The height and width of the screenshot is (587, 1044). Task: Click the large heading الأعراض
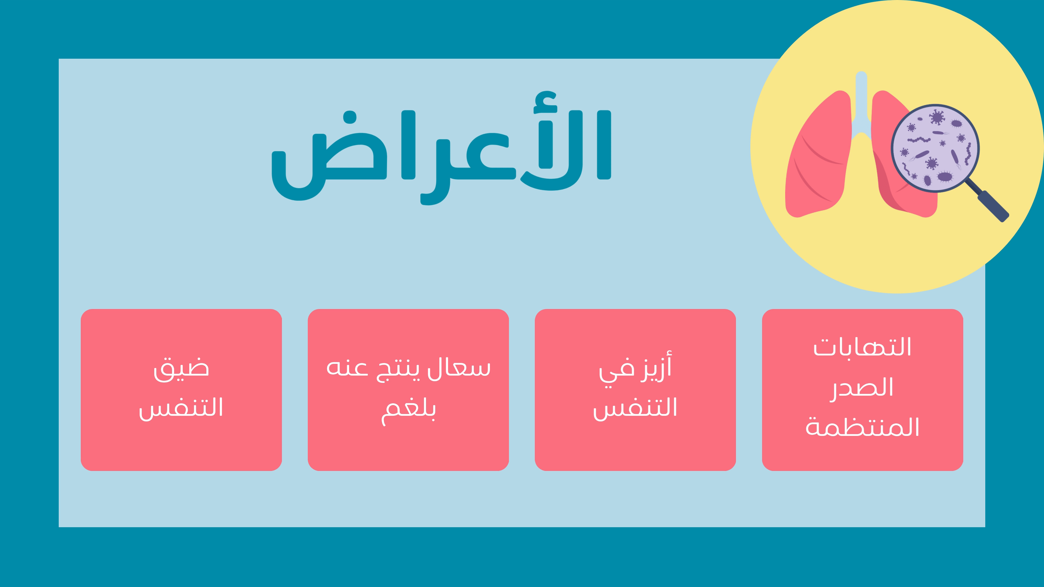pos(441,148)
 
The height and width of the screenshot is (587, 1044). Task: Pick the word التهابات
pos(862,347)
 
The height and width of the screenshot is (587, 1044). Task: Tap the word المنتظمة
pos(862,427)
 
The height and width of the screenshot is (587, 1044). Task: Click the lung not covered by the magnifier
pos(819,154)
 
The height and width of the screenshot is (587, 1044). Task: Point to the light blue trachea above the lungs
pos(861,105)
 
